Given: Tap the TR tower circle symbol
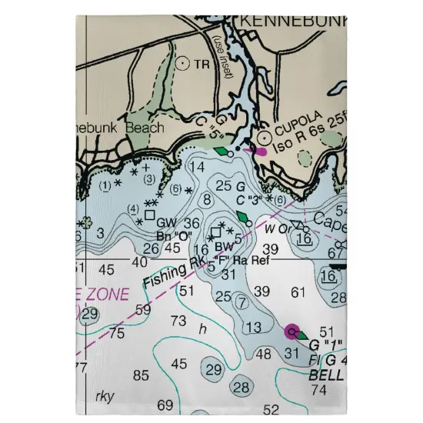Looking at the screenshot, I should (183, 64).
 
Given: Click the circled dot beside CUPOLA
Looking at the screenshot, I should (265, 137).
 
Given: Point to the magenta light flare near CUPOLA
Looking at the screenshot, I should (257, 151).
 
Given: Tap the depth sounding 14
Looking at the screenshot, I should (197, 167).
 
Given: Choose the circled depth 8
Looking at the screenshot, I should (206, 200).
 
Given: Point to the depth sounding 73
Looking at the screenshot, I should (178, 320).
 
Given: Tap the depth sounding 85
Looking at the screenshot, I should (140, 376).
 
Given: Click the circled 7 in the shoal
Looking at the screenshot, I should (241, 301).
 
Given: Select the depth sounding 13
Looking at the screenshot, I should (252, 328).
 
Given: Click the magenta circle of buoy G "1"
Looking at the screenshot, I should (292, 331).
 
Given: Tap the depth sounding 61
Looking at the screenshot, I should (300, 292).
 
